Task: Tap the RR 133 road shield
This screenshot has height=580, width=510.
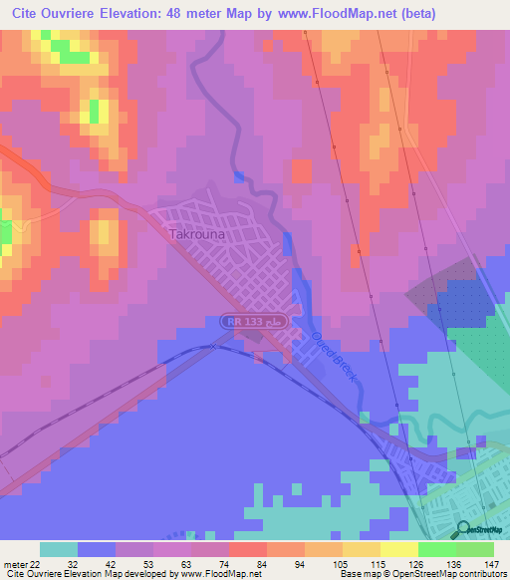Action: coord(243,321)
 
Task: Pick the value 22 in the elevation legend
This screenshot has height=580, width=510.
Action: coord(37,563)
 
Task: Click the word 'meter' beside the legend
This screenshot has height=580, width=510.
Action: coord(15,563)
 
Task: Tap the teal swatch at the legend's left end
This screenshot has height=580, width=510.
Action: coord(59,549)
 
